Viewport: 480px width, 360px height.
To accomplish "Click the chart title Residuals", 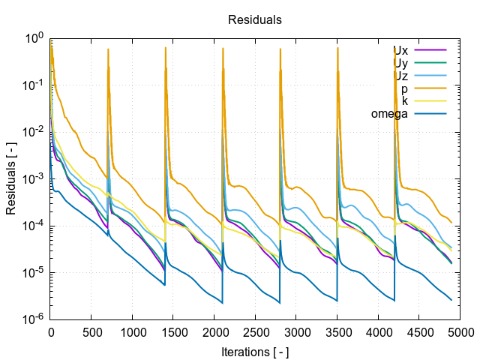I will tap(255, 19).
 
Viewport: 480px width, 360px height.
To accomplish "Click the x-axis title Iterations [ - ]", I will tap(255, 351).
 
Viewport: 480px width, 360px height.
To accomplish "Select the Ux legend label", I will tap(400, 51).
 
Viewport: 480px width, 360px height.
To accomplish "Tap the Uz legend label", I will tap(400, 76).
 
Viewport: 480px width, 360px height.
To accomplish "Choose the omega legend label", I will tap(389, 114).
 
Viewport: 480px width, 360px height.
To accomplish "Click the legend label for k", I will tap(405, 101).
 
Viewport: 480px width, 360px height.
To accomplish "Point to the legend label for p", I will tap(405, 89).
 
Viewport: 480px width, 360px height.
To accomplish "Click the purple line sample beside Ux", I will tap(430, 51).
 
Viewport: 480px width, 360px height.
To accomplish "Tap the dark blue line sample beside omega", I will tap(430, 114).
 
